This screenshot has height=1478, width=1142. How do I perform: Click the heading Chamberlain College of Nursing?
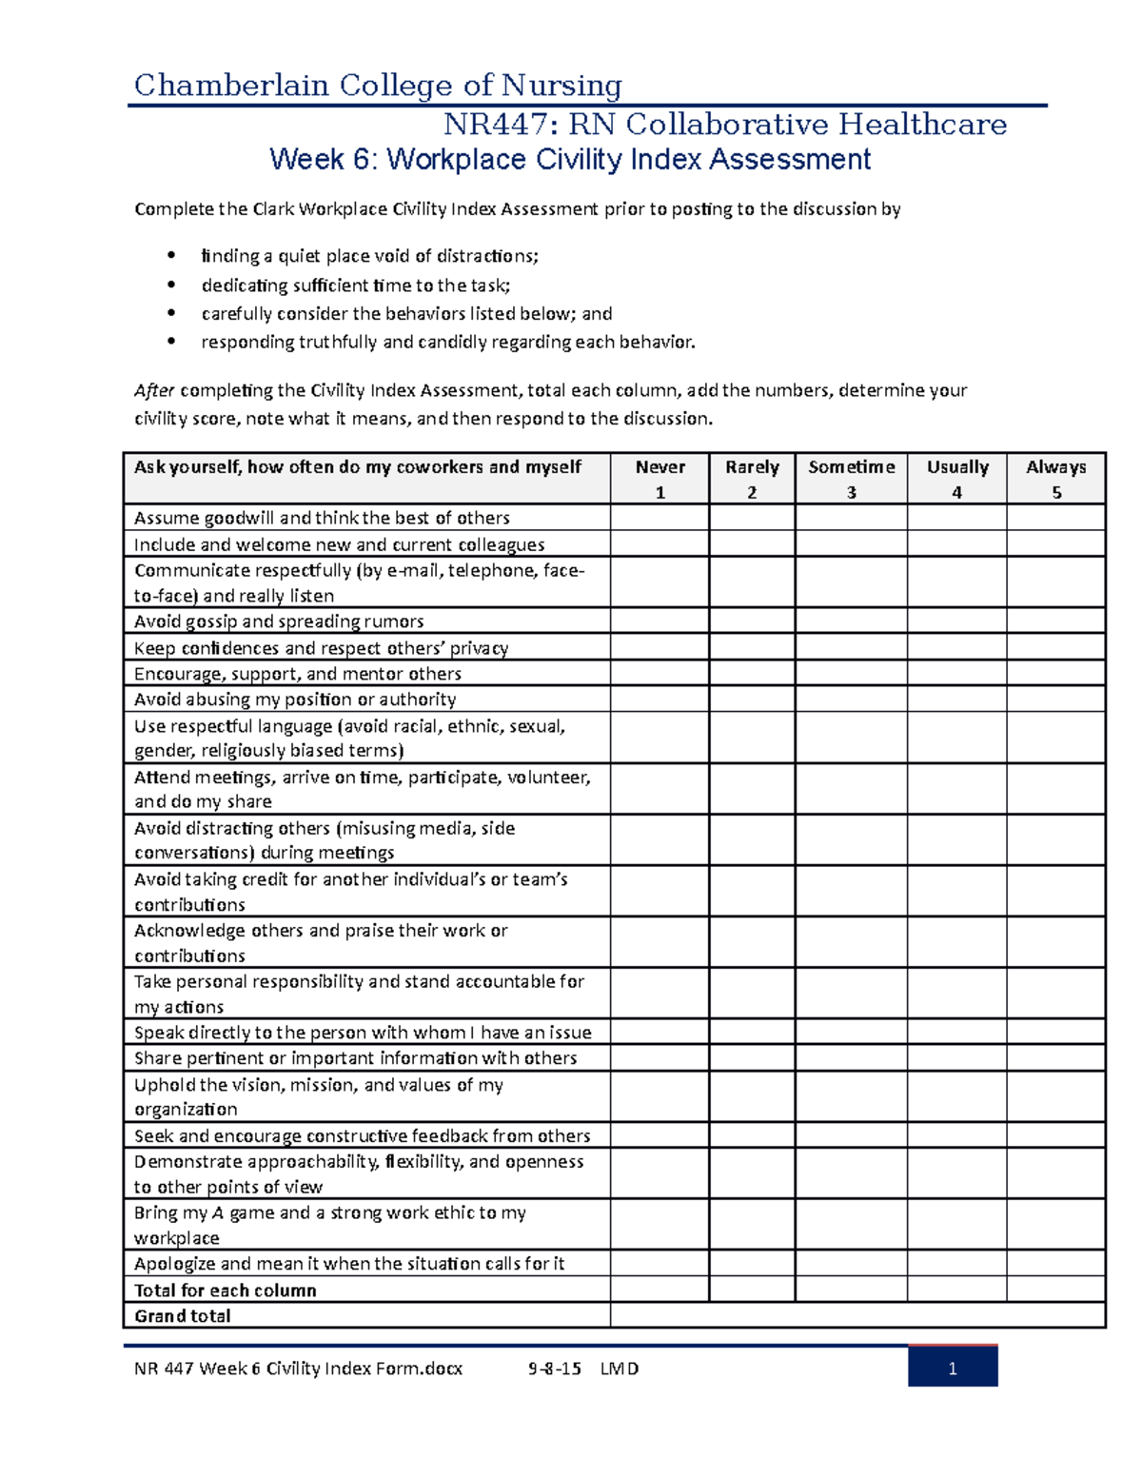point(378,86)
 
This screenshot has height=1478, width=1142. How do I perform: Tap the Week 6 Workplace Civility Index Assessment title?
point(569,159)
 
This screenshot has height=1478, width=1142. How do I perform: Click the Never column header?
point(660,478)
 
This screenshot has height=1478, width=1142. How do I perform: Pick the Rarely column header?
point(752,478)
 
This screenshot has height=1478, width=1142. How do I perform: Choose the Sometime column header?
point(851,478)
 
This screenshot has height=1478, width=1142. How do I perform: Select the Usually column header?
point(956,478)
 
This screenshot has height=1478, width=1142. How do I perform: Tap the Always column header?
point(1055,478)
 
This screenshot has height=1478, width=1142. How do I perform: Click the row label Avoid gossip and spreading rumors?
point(279,621)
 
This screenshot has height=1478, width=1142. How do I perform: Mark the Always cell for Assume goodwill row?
point(1055,518)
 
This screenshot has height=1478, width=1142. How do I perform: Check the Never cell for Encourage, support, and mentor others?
point(660,673)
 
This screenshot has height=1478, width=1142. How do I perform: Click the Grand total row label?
point(183,1316)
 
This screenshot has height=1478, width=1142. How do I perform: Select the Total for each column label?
point(226,1291)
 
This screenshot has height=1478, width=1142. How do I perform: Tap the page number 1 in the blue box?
point(952,1369)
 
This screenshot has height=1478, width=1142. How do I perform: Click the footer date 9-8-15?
point(554,1369)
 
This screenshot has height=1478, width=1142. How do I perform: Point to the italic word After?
point(154,390)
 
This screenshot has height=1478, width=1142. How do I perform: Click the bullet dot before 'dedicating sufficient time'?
point(171,285)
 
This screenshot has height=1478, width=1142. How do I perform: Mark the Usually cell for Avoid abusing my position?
point(956,700)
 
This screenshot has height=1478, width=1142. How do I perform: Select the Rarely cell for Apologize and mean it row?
point(752,1264)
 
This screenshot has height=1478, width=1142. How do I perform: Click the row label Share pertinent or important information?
point(355,1058)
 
